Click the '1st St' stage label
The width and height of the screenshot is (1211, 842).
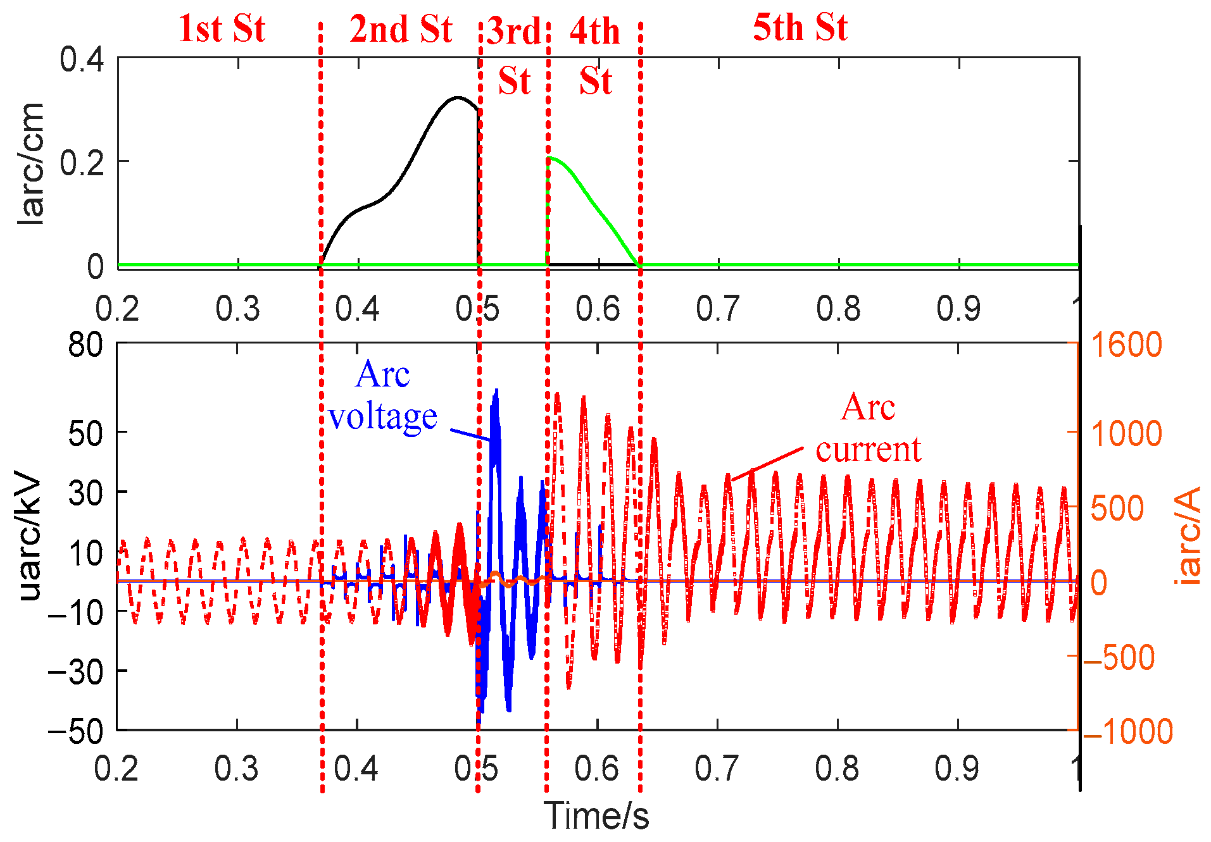(221, 28)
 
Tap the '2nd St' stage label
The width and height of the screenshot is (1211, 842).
(401, 30)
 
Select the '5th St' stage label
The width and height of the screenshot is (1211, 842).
(800, 28)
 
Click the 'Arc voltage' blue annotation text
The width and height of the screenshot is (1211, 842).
(382, 395)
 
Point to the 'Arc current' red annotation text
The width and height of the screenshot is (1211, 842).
(868, 428)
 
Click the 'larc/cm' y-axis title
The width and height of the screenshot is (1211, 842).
(30, 163)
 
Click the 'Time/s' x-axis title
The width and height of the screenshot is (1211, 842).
(596, 815)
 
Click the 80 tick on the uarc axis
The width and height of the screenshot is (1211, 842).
(85, 345)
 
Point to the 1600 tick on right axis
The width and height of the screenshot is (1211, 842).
(1126, 345)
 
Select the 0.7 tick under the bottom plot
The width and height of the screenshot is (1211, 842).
(717, 769)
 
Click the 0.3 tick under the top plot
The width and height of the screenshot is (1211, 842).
(237, 309)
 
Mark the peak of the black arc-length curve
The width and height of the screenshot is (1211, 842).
(457, 97)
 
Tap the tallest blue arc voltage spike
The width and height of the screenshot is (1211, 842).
(496, 391)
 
